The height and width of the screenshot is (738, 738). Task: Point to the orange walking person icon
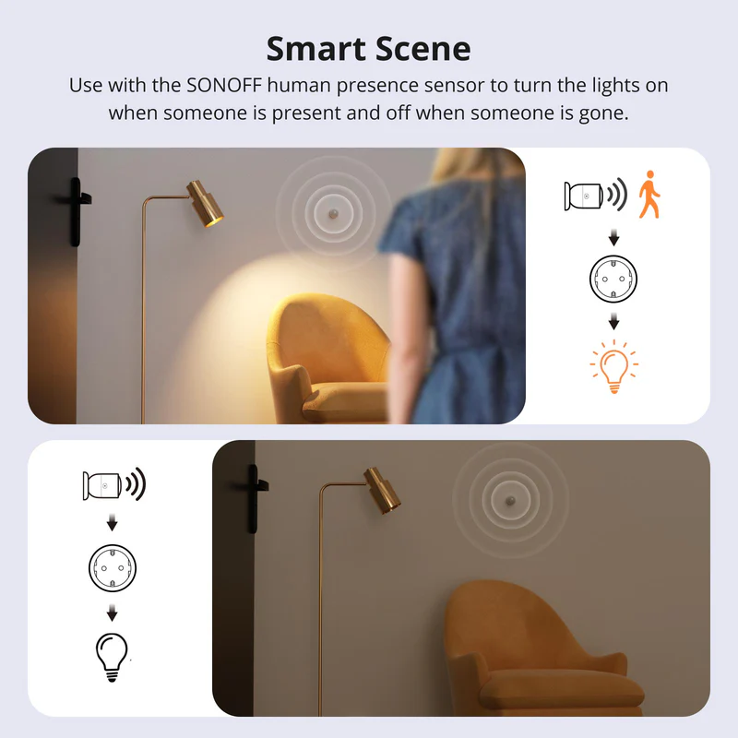pos(650,194)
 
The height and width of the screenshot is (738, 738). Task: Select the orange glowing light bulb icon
pos(613,368)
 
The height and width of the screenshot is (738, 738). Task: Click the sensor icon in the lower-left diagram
pos(103,484)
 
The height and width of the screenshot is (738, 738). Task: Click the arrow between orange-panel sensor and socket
pos(613,237)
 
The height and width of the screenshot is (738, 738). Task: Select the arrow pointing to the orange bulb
pos(613,322)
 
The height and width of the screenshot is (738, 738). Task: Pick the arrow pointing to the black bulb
pos(113,612)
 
